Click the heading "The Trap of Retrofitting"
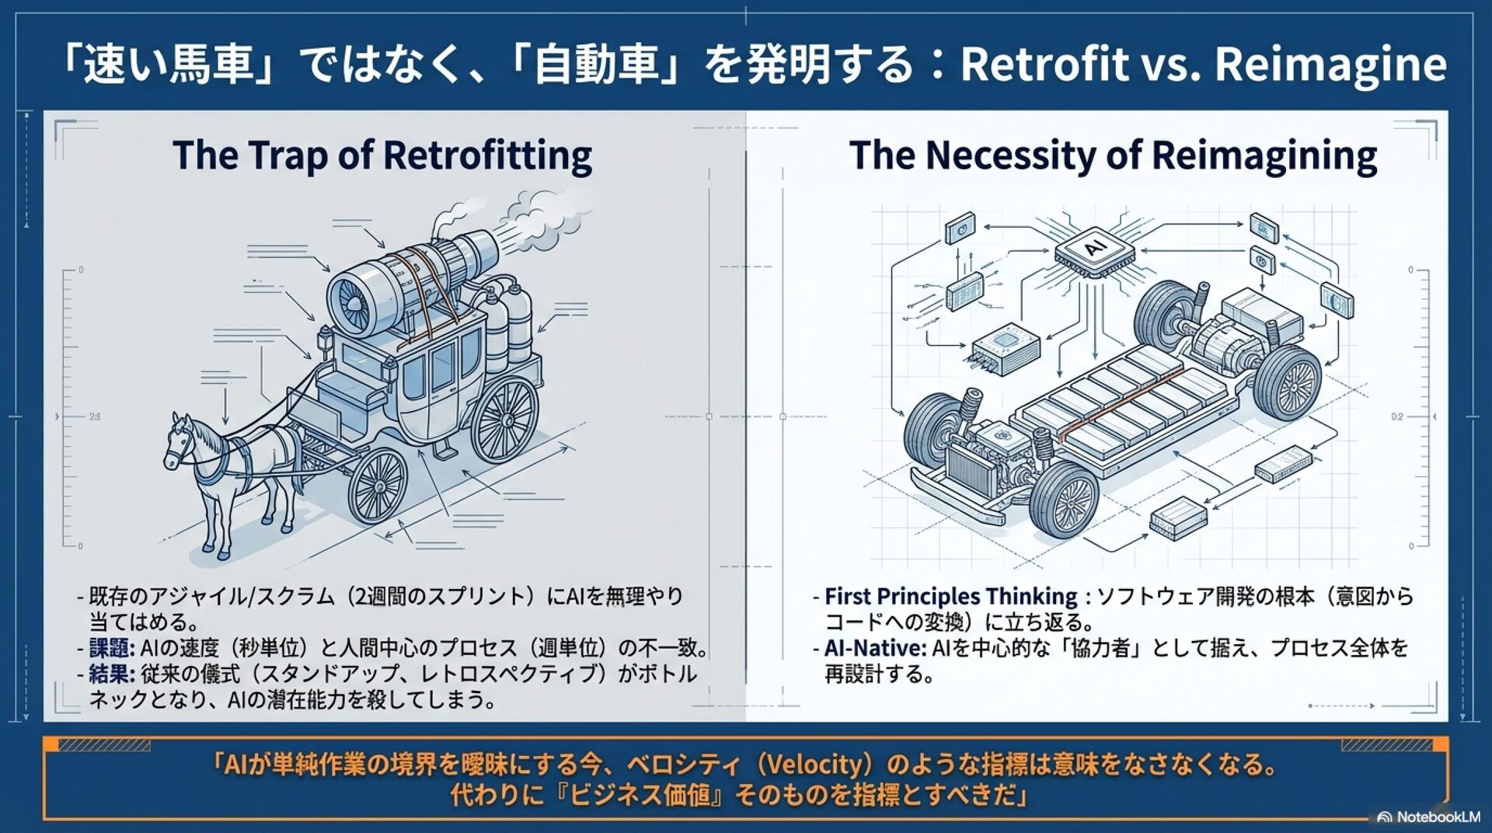[x=382, y=155]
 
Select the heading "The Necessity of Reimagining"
[x=1112, y=155]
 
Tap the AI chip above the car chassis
[x=1094, y=249]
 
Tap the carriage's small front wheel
[x=378, y=485]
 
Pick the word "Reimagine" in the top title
[x=1330, y=64]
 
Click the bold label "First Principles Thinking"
[x=950, y=597]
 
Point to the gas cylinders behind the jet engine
[x=505, y=322]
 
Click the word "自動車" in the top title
[x=596, y=64]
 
